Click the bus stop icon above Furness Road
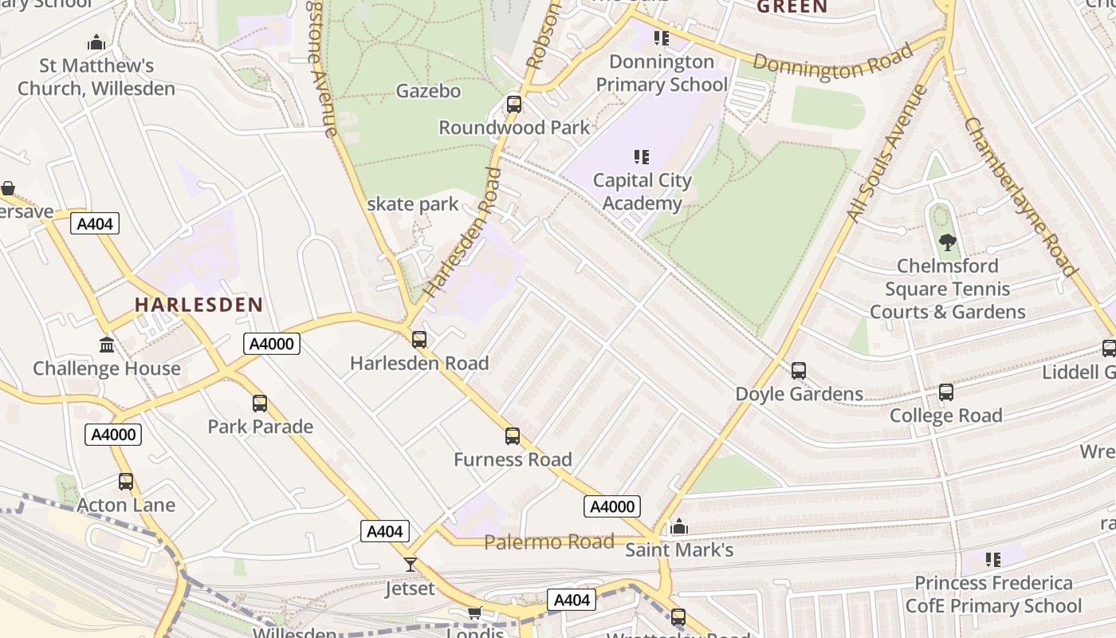(513, 436)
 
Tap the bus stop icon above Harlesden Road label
(419, 340)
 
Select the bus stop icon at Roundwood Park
(514, 104)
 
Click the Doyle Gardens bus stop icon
(799, 371)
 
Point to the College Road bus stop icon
(946, 392)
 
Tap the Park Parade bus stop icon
(260, 404)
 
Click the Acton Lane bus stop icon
(126, 482)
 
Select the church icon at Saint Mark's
(679, 526)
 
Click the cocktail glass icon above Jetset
(411, 565)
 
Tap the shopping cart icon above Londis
(475, 612)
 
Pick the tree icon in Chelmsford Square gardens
(947, 242)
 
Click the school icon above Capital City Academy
(642, 157)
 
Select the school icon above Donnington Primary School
(661, 37)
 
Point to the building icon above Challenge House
(107, 345)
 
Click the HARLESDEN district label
(198, 305)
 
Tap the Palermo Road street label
(549, 542)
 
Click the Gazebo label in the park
(428, 91)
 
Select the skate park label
(413, 204)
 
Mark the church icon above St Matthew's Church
(96, 42)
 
